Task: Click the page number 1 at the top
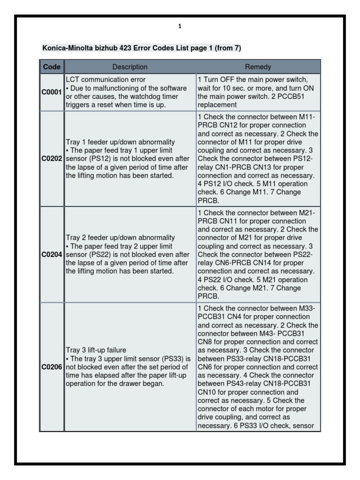tap(180, 27)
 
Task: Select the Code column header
tap(52, 67)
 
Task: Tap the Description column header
tap(130, 67)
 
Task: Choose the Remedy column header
tap(258, 67)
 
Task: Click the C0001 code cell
tap(52, 92)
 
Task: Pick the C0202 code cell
tap(52, 159)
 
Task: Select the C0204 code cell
tap(52, 255)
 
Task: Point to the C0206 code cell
tap(52, 367)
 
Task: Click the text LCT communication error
tap(105, 80)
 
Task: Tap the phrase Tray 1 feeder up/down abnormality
tap(120, 142)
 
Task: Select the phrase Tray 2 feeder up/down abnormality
tap(120, 238)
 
